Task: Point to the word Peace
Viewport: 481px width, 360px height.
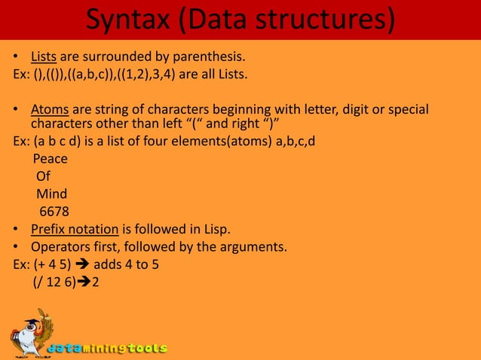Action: point(50,159)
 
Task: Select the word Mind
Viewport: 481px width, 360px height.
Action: point(51,194)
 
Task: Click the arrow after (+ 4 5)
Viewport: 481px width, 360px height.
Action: point(81,264)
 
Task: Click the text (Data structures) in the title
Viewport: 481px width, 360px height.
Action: point(287,20)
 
